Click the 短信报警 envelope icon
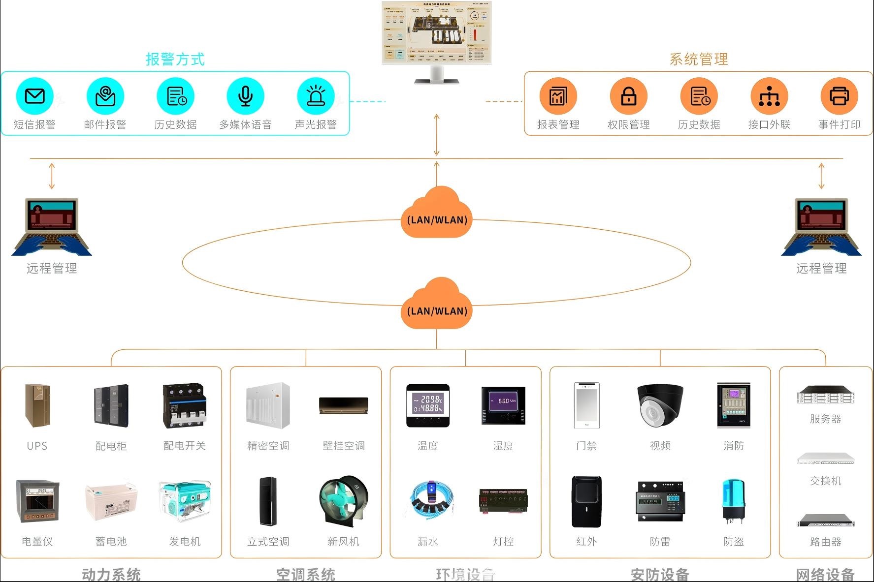pyautogui.click(x=34, y=96)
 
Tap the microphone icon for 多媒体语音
pyautogui.click(x=245, y=96)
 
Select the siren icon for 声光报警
pyautogui.click(x=316, y=96)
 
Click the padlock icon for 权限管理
pyautogui.click(x=628, y=96)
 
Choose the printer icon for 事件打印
pyautogui.click(x=839, y=96)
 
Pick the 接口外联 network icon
pyautogui.click(x=769, y=96)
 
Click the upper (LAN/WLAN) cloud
pyautogui.click(x=437, y=213)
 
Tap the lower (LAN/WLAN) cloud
pyautogui.click(x=437, y=304)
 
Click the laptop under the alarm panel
pyautogui.click(x=52, y=227)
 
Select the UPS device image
pyautogui.click(x=37, y=406)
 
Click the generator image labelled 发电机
pyautogui.click(x=185, y=501)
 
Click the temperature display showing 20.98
pyautogui.click(x=428, y=405)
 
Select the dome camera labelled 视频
pyautogui.click(x=660, y=405)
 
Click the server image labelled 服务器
pyautogui.click(x=826, y=395)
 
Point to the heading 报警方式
pyautogui.click(x=175, y=60)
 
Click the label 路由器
pyautogui.click(x=826, y=542)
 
